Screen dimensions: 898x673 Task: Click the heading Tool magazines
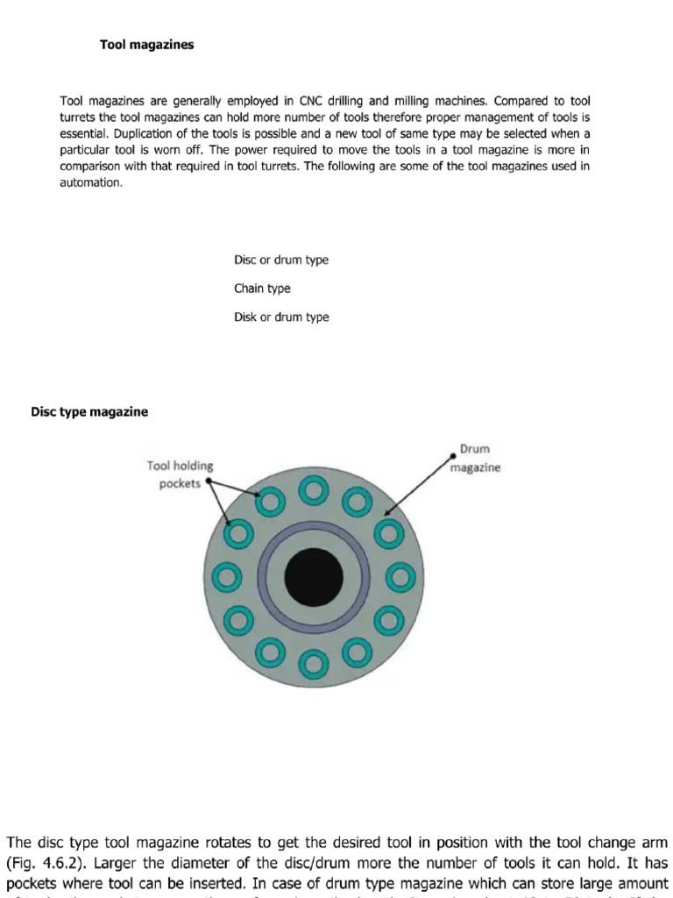[146, 45]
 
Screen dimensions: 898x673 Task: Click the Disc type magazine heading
[89, 411]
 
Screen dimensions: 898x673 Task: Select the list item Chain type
[262, 289]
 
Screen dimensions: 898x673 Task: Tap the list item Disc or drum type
[281, 260]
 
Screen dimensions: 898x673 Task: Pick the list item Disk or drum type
[281, 317]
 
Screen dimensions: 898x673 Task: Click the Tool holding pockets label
[181, 474]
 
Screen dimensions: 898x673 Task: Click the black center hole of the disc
[314, 576]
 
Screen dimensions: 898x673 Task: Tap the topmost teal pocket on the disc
[314, 494]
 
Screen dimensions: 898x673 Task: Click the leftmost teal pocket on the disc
[230, 577]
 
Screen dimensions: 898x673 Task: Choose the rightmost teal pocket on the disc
[399, 577]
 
